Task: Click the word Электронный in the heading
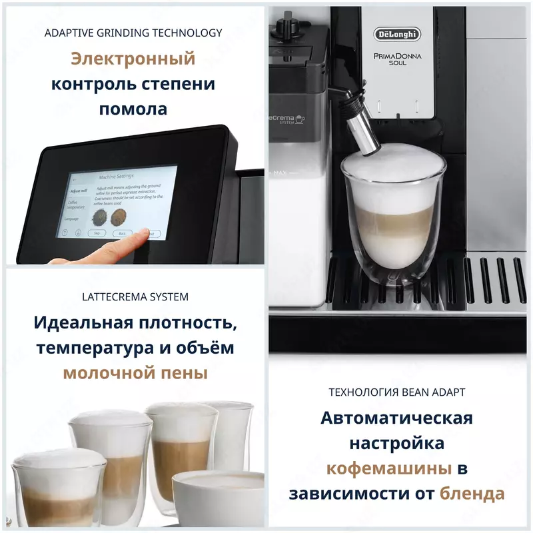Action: (133, 59)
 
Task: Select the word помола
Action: (133, 109)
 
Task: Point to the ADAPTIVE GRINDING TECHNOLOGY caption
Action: (133, 33)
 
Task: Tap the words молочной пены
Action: (135, 373)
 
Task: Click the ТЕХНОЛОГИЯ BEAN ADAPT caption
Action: (396, 392)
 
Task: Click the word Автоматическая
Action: (396, 418)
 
